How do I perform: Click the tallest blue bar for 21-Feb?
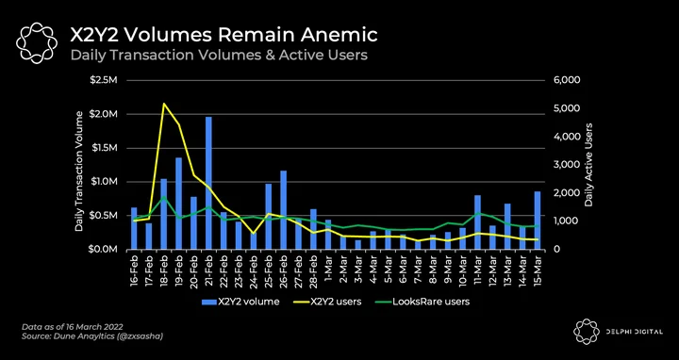[208, 183]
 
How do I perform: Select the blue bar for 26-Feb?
[283, 210]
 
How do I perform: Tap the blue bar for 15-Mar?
[538, 221]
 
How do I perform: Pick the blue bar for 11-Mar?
[477, 222]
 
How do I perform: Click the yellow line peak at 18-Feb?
[164, 104]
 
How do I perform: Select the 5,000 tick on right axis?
[564, 108]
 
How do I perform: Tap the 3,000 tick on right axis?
[564, 165]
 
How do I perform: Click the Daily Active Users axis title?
[588, 164]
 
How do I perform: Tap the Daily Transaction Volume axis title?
[79, 171]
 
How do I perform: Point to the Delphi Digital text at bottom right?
[634, 332]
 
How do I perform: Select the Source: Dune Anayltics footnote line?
[92, 335]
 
